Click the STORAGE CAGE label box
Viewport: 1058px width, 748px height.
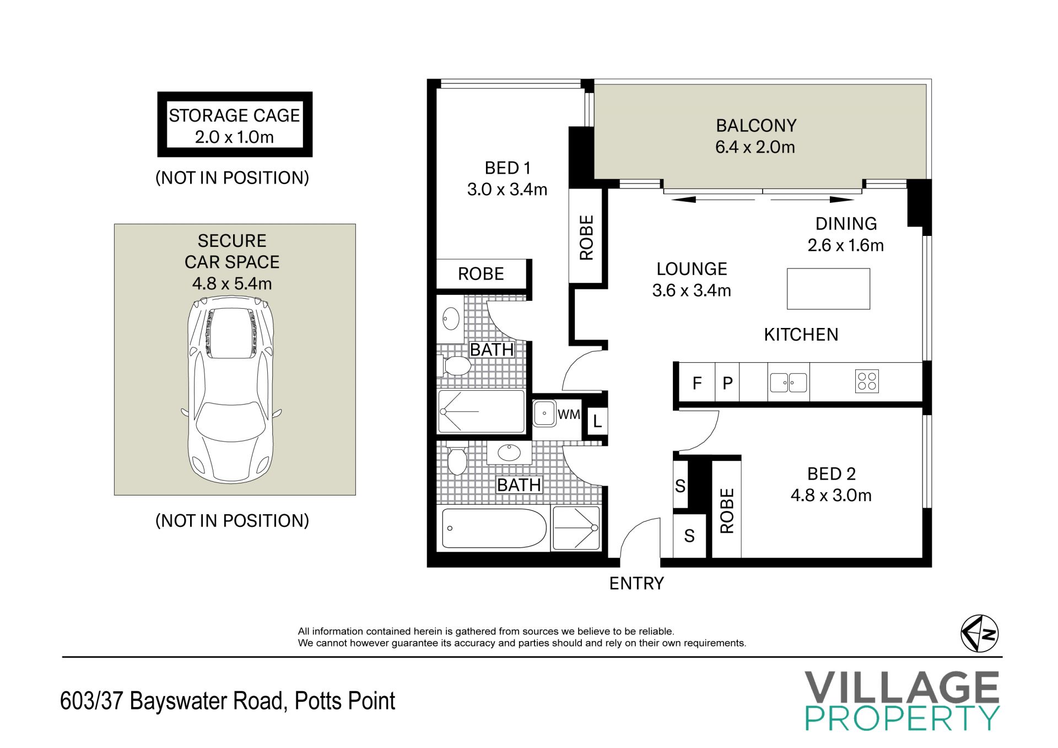click(235, 125)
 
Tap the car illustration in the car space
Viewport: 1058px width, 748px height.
click(231, 390)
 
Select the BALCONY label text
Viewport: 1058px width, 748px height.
click(756, 126)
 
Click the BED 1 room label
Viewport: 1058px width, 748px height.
click(508, 168)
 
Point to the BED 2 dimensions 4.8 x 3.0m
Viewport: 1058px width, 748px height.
click(831, 495)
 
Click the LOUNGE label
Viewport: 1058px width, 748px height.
click(692, 269)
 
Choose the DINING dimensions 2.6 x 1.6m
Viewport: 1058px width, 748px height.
click(846, 245)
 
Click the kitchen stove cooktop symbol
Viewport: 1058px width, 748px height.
click(867, 381)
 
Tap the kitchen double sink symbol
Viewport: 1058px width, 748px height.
click(789, 382)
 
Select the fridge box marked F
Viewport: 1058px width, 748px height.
click(697, 383)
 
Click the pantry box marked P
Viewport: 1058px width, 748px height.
click(727, 383)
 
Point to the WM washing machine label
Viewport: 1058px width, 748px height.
click(569, 414)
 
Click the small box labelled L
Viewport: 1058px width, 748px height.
click(597, 422)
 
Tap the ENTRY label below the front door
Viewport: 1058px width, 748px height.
click(636, 583)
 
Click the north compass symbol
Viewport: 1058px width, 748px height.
click(980, 633)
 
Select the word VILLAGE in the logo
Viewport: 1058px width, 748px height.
click(902, 687)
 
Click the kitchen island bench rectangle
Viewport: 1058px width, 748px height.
click(828, 289)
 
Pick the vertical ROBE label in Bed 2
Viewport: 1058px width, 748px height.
click(727, 510)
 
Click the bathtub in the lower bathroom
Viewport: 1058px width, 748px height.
click(494, 528)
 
